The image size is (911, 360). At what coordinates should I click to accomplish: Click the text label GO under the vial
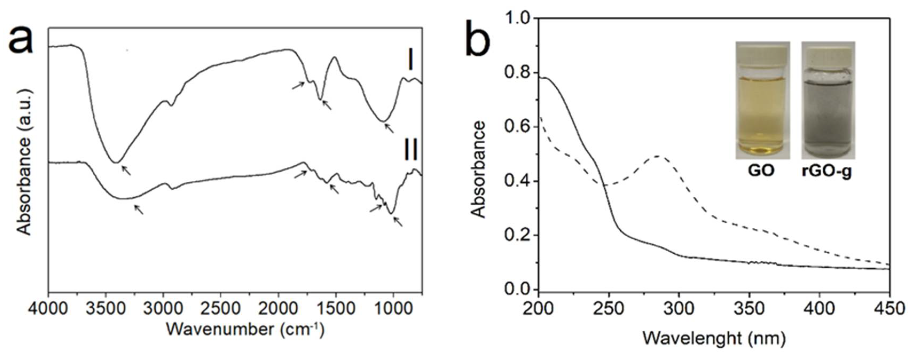pos(761,171)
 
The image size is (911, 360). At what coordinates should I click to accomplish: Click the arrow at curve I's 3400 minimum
pos(126,171)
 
